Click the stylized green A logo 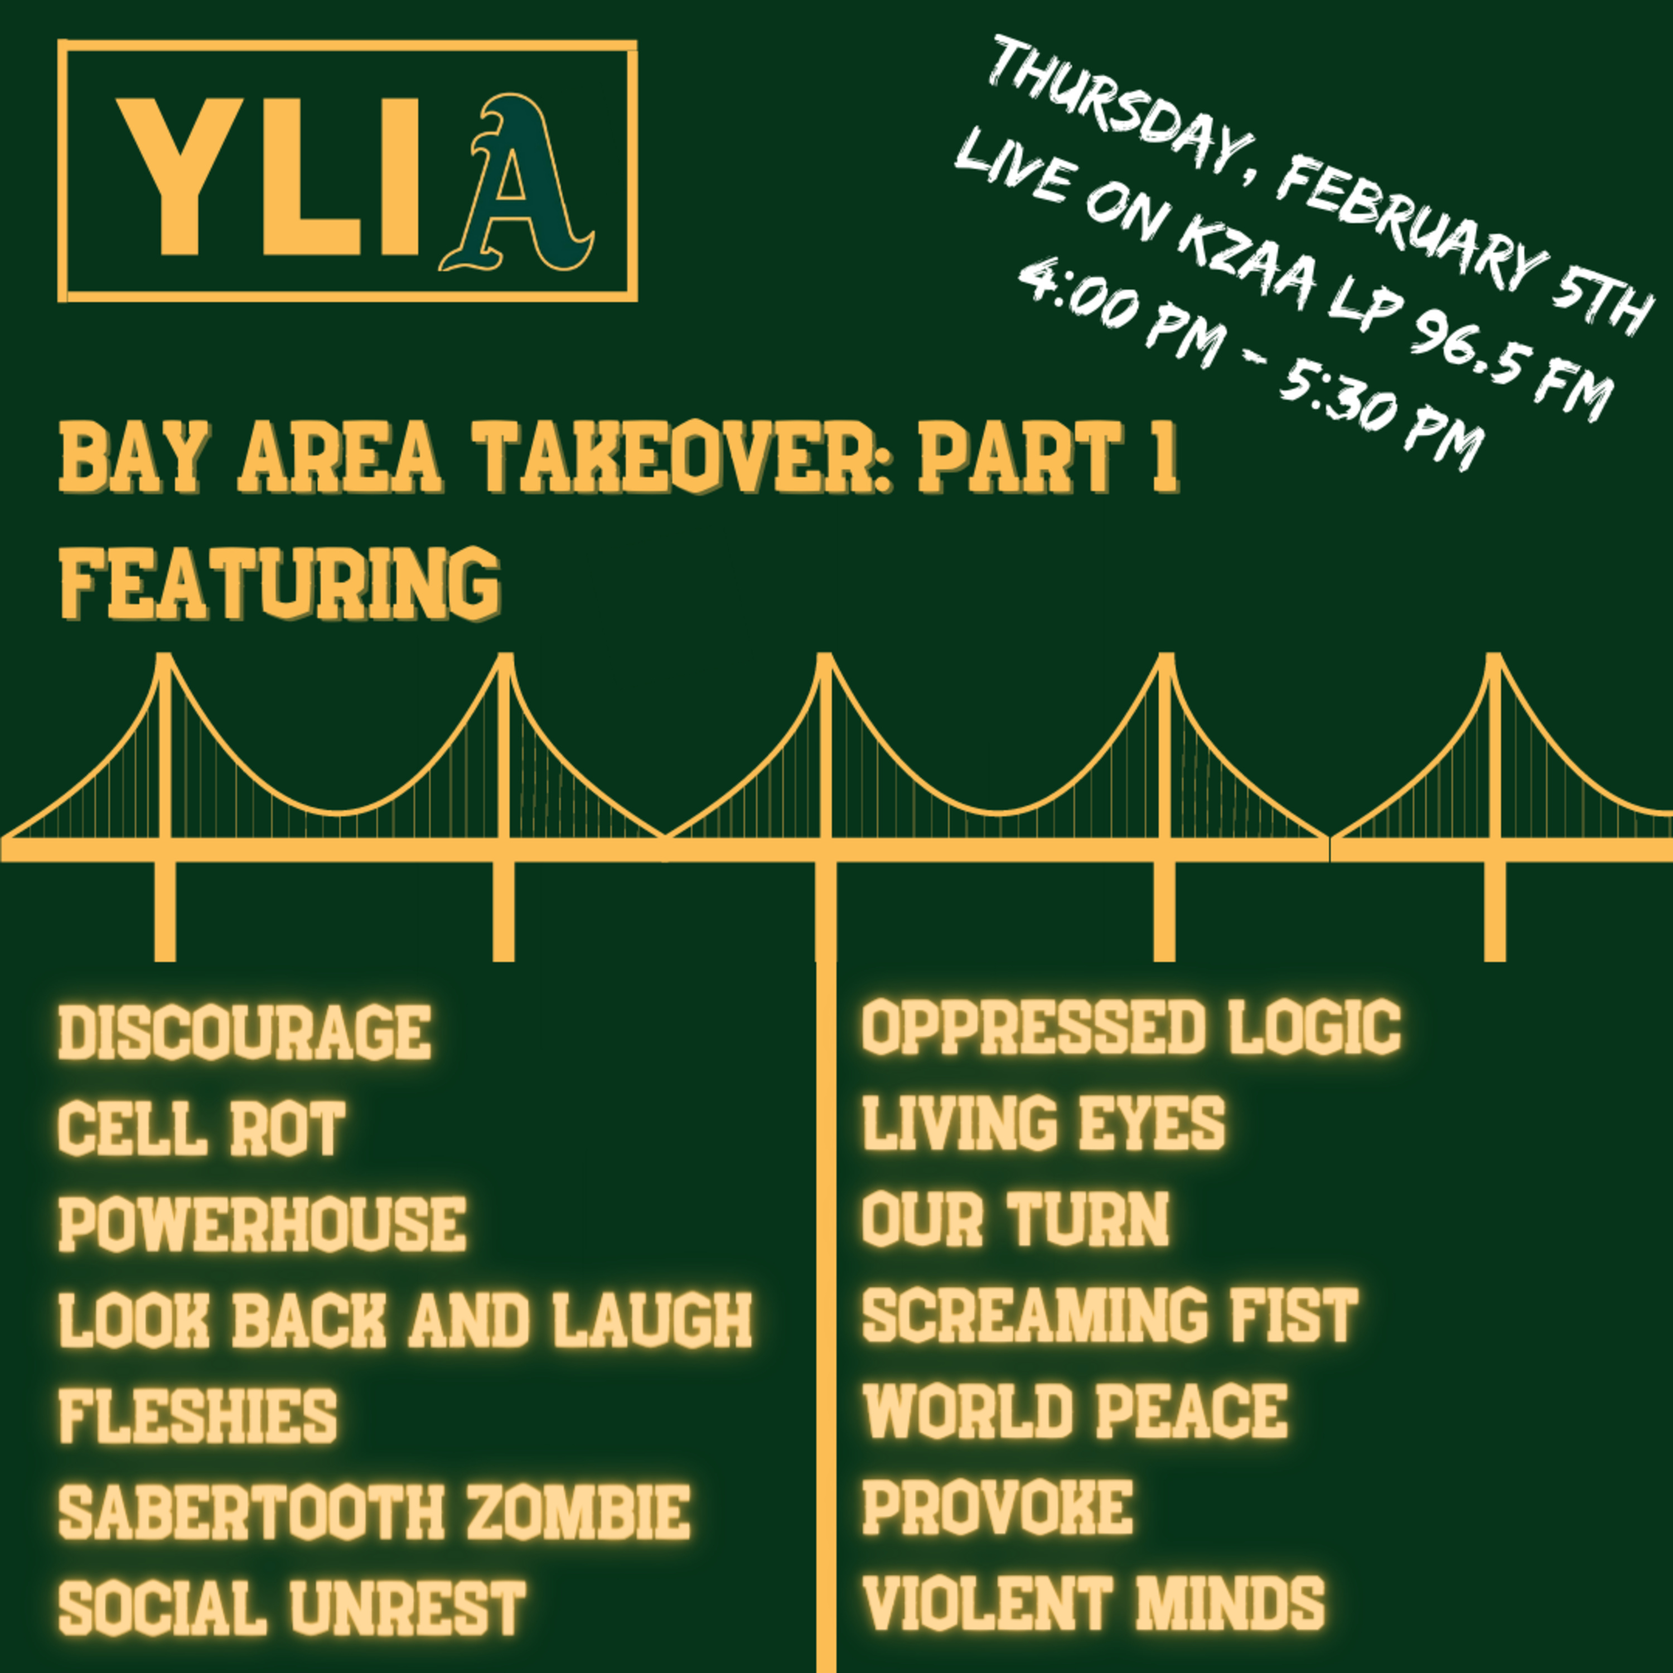click(517, 183)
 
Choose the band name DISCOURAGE click(245, 1032)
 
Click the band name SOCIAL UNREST click(292, 1608)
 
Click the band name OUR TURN click(1016, 1219)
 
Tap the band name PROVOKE click(998, 1507)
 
